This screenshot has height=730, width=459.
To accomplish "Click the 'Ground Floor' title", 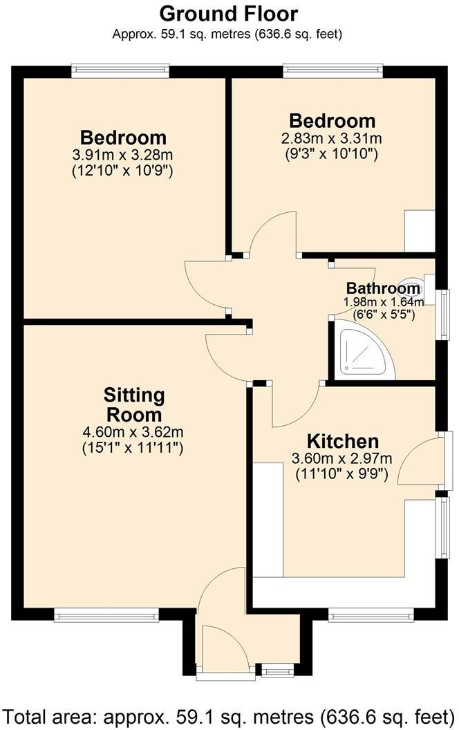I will point(229,13).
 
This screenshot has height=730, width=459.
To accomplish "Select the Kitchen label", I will point(343,441).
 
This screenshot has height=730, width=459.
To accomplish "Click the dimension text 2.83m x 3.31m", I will point(332,138).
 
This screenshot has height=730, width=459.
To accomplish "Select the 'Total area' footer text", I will point(229,715).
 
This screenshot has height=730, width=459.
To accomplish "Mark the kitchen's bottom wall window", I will point(371,612).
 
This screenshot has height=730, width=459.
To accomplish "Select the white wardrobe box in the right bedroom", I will point(418,230).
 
